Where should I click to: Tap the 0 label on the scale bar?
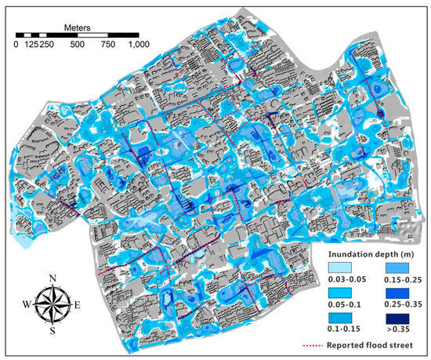tap(16, 45)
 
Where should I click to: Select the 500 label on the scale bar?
tap(77, 45)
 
